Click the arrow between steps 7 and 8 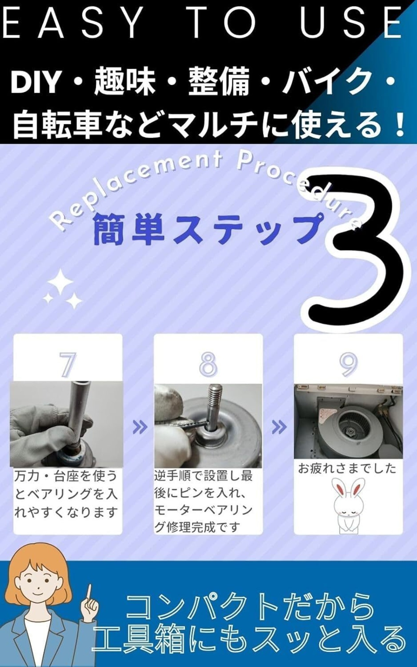tap(140, 427)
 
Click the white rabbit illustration tap(348, 505)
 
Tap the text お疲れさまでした tap(347, 469)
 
